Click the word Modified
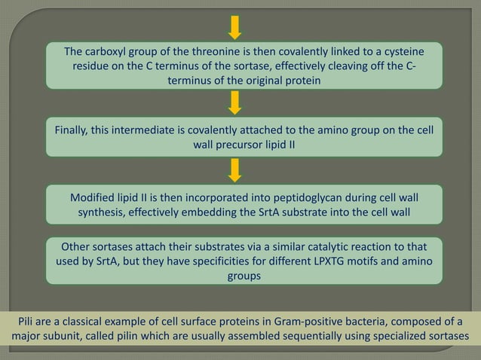click(96, 197)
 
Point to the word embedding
click(236, 212)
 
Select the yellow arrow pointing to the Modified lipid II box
click(235, 169)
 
